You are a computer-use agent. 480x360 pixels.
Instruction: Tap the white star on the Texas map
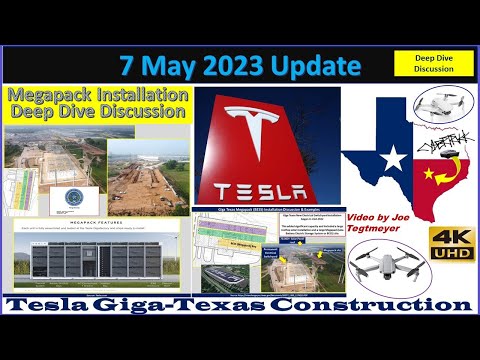point(394,157)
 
